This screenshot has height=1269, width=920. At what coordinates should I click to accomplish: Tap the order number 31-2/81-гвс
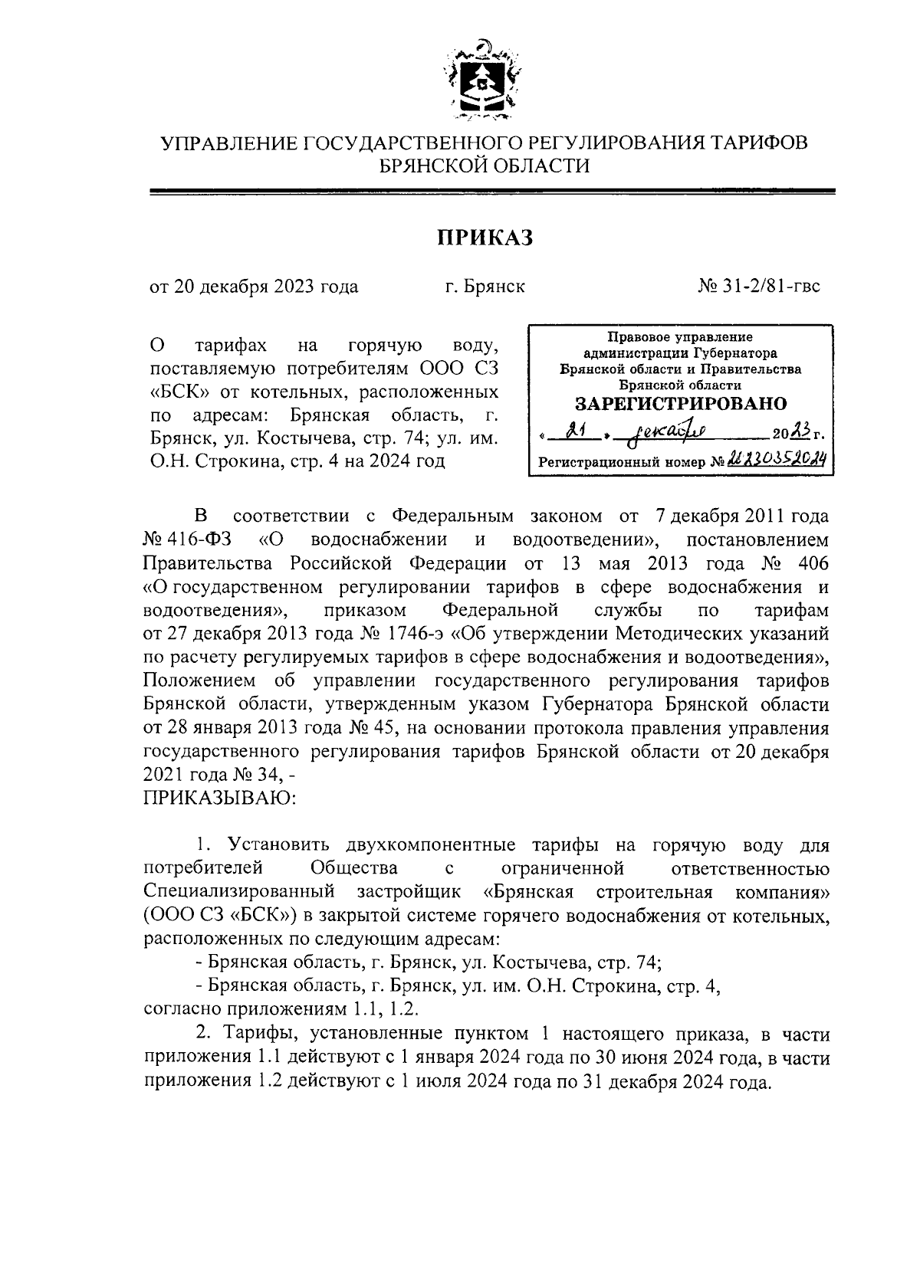[x=758, y=286]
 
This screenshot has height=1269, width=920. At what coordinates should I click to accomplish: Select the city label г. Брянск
[x=485, y=287]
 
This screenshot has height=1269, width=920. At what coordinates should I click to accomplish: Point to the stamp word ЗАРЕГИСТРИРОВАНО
[x=680, y=403]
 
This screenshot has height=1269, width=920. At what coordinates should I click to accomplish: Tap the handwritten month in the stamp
[x=666, y=434]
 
